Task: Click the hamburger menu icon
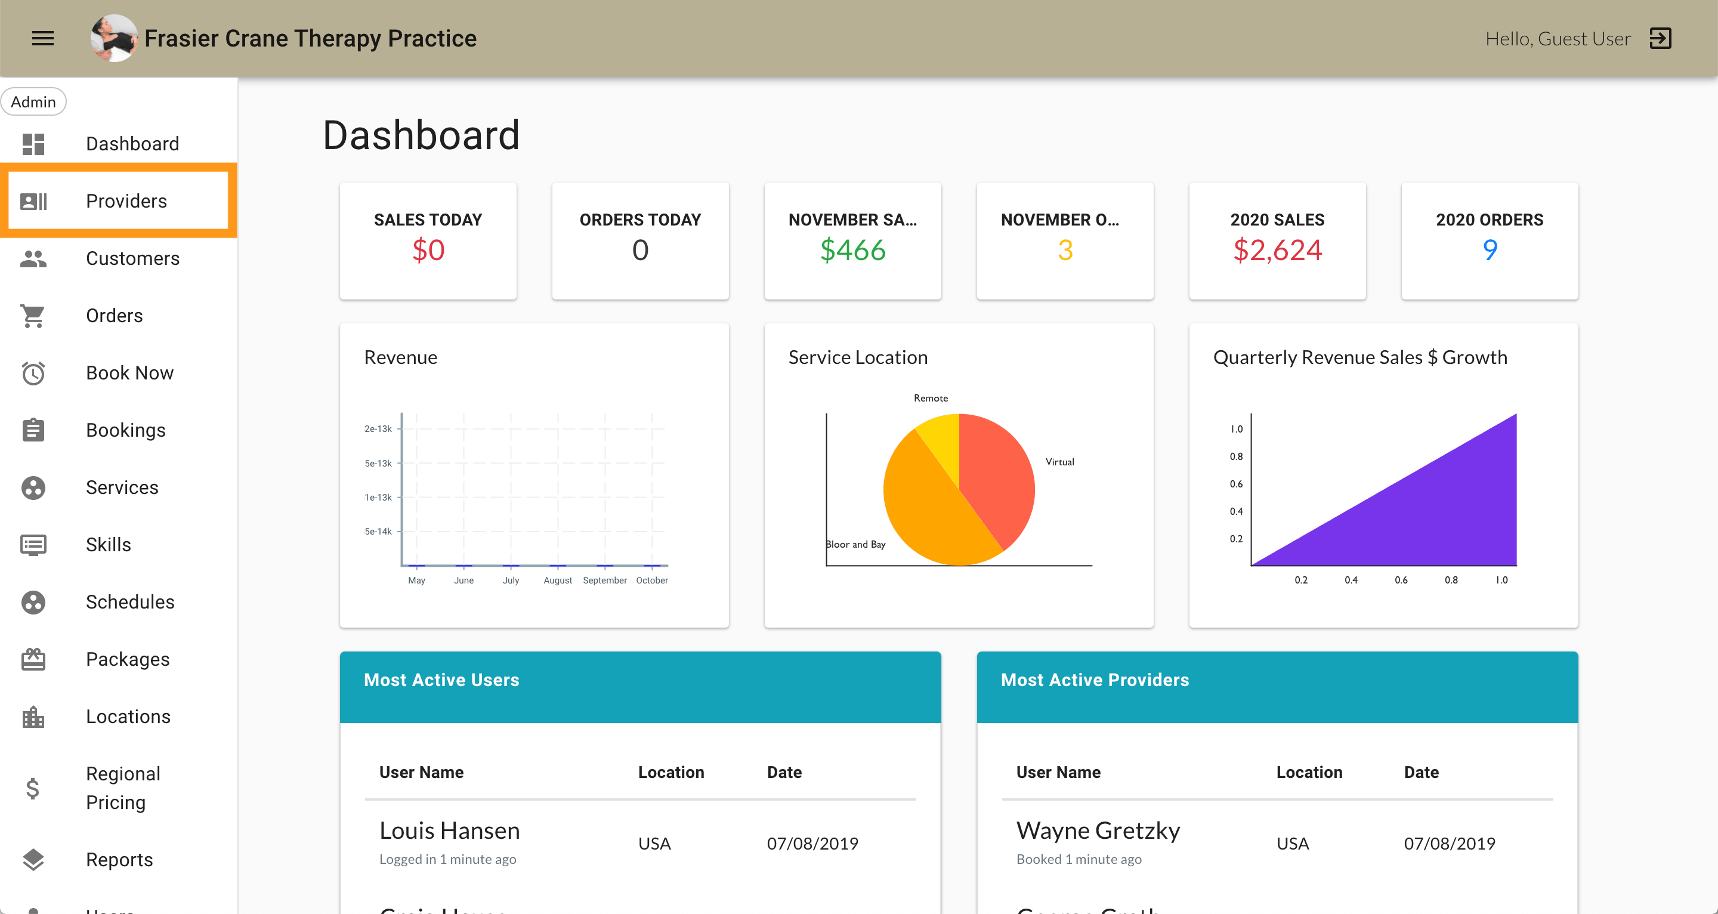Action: click(x=43, y=39)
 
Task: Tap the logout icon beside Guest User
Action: click(x=1660, y=39)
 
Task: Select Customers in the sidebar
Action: click(x=132, y=258)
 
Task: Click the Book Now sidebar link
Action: click(x=129, y=373)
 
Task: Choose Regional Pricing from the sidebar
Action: click(x=123, y=788)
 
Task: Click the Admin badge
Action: click(x=33, y=102)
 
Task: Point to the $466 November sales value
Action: click(x=852, y=250)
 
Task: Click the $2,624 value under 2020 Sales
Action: click(x=1277, y=250)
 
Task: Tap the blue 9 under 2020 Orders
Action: click(x=1490, y=250)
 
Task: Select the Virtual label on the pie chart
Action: click(x=1059, y=462)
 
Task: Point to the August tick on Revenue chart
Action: click(x=558, y=580)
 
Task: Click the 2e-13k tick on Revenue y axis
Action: click(x=378, y=429)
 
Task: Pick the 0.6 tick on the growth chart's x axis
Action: click(x=1401, y=580)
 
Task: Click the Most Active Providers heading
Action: click(x=1095, y=680)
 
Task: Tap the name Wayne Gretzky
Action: click(x=1098, y=830)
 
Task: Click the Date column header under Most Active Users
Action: click(x=784, y=772)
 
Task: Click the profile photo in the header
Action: click(x=114, y=39)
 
